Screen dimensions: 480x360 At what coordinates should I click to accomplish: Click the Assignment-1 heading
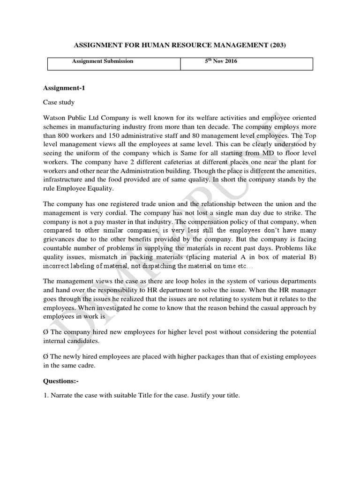[x=64, y=88]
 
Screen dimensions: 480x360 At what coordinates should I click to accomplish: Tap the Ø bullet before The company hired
[x=45, y=332]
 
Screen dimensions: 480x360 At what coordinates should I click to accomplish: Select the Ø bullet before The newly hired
[x=45, y=357]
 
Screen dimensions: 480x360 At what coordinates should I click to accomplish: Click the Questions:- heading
[x=60, y=382]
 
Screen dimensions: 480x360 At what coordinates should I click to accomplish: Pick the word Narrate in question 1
[x=62, y=396]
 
